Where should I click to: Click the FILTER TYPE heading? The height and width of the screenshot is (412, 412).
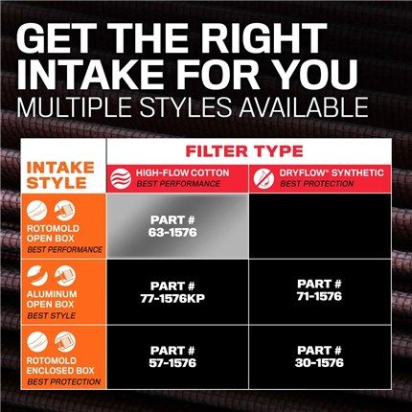244,151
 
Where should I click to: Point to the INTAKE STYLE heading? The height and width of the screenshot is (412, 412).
60,175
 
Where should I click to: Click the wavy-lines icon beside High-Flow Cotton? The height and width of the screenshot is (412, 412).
121,178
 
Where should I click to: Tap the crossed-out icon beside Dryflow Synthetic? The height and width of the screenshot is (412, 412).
263,178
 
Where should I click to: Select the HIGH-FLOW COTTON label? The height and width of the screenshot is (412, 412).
183,172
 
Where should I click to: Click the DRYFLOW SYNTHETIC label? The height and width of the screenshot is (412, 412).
332,172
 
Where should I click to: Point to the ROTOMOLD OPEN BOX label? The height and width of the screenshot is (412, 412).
53,234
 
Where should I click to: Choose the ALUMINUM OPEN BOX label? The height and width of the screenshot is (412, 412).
52,299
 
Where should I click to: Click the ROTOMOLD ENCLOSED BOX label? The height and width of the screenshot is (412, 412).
60,365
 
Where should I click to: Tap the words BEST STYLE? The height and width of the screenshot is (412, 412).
52,316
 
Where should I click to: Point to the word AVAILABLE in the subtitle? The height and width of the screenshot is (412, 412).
304,106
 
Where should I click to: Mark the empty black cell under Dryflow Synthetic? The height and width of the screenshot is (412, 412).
320,225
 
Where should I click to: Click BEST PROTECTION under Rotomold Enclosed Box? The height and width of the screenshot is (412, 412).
63,382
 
